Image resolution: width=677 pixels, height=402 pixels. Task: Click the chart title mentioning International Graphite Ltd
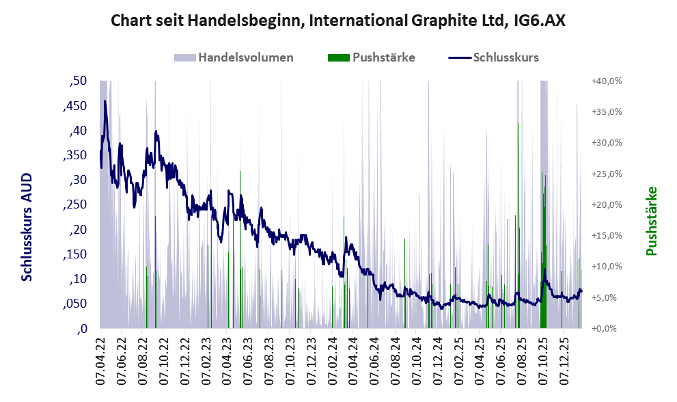338,21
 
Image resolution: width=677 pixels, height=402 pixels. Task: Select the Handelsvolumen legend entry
245,57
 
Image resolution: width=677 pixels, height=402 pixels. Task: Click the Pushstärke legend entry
383,57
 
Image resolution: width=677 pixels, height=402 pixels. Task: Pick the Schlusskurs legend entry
506,57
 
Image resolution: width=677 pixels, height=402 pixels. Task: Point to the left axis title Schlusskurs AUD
27,227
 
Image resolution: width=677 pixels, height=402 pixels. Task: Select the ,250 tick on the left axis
76,205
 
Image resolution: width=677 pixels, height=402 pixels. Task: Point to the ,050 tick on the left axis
76,304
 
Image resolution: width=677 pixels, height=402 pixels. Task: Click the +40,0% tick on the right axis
607,81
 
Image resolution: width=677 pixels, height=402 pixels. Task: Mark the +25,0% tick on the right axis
607,174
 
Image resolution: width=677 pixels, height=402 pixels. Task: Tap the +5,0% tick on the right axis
607,298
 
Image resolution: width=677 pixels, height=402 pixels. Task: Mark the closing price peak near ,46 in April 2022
105,101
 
